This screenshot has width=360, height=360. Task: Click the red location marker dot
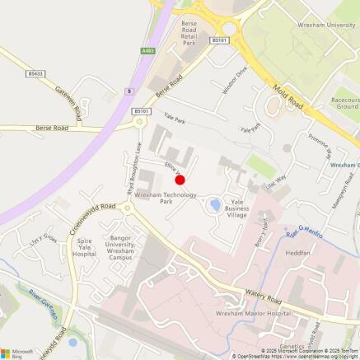[180, 179]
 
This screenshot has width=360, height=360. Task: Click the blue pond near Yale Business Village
[215, 203]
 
